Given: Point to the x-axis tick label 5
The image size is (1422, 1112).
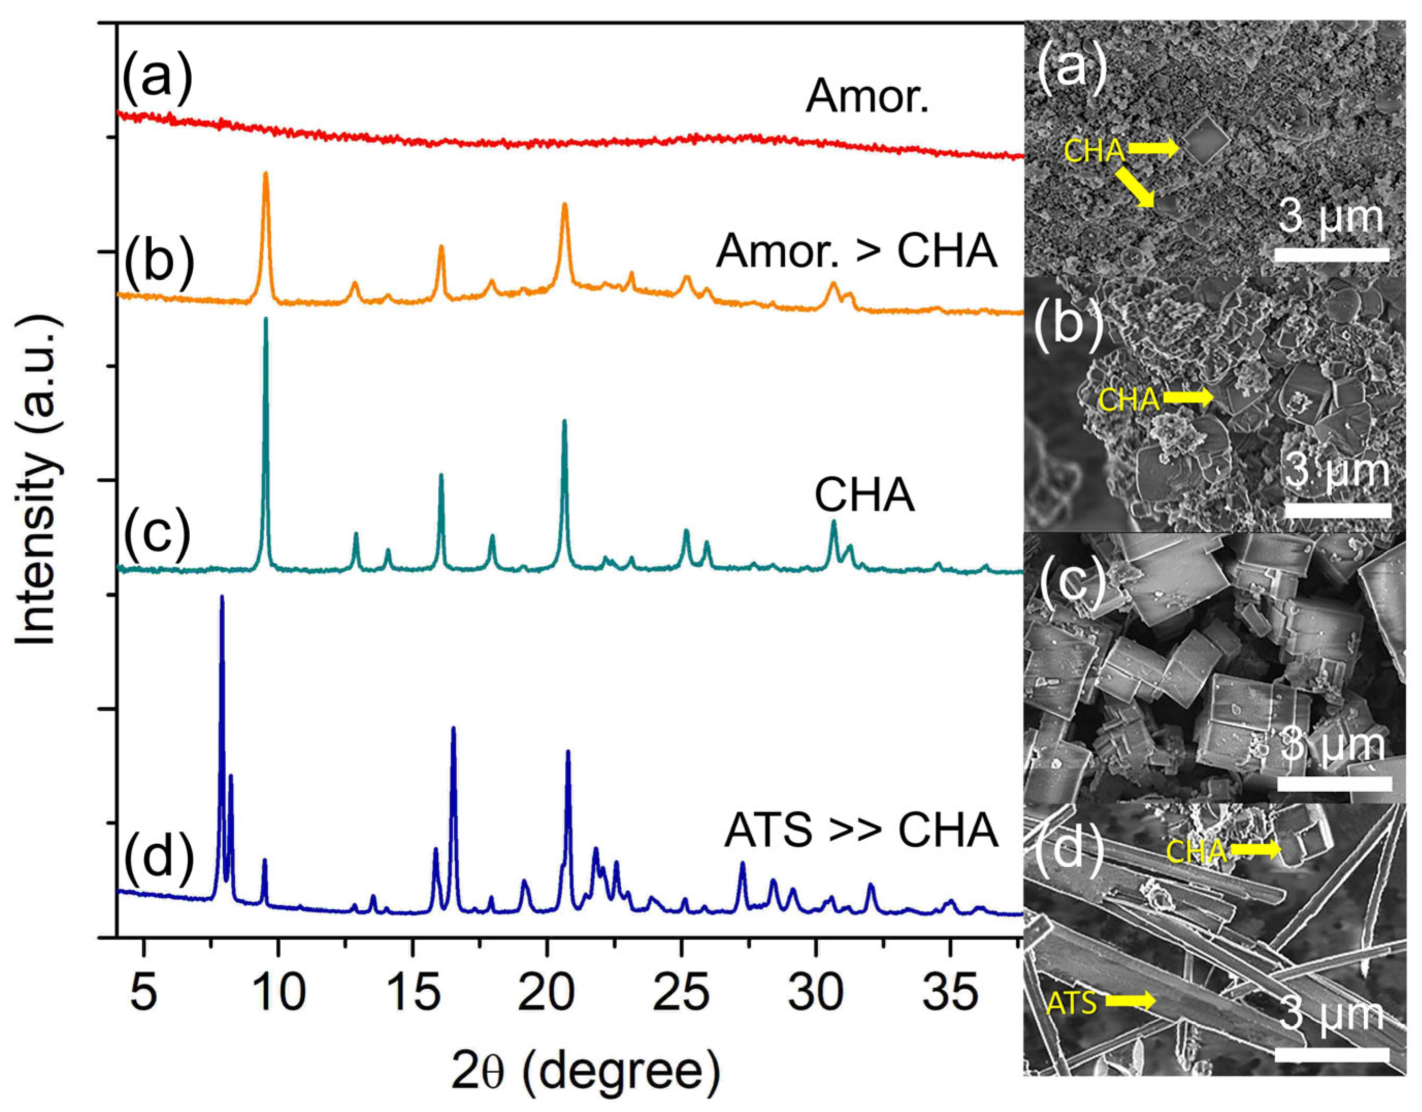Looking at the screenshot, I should point(144,995).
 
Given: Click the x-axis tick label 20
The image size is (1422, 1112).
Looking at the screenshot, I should point(547,995).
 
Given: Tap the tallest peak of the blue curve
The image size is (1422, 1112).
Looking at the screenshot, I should point(222,597).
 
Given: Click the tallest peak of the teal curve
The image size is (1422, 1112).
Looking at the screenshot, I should point(265,319).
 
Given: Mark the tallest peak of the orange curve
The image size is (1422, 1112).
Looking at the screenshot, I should point(265,174).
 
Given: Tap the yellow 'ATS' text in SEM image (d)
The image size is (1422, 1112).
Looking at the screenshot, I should point(1071,1004).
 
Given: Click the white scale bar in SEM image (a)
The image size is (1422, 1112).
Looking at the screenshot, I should point(1331,254).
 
